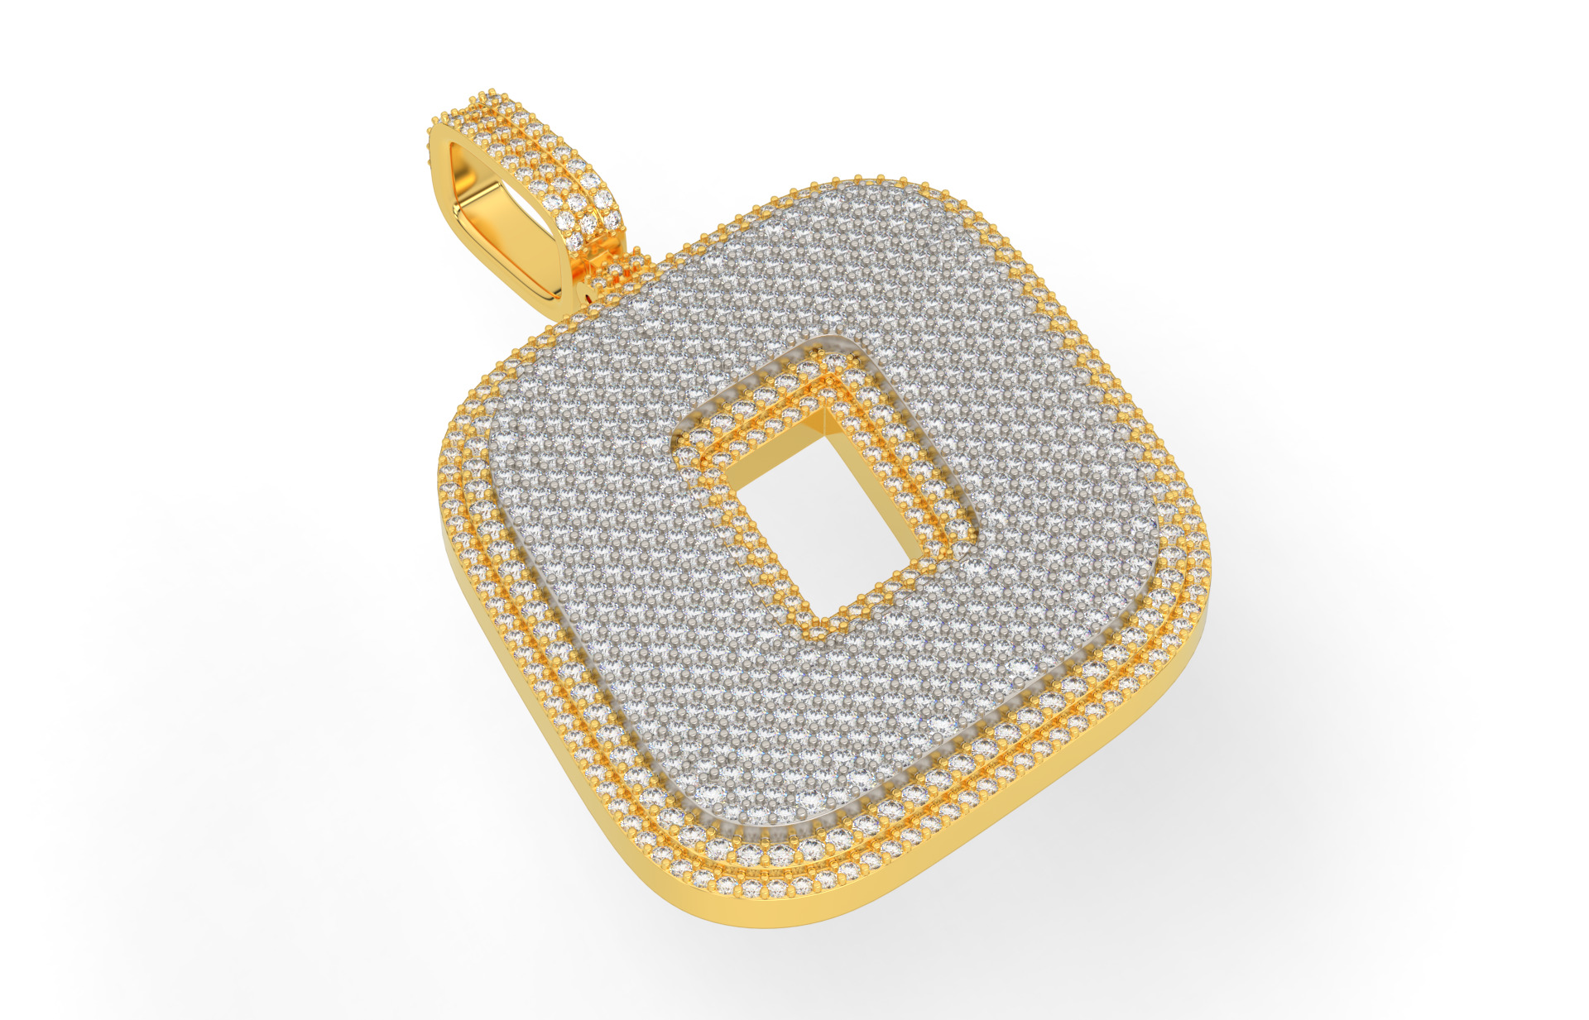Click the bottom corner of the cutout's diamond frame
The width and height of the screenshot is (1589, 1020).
[815, 632]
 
